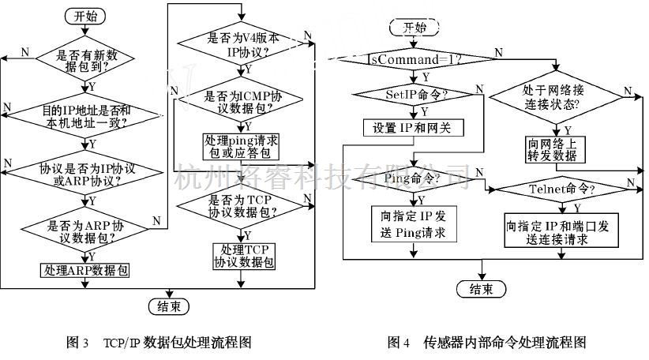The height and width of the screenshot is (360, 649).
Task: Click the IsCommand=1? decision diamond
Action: point(415,60)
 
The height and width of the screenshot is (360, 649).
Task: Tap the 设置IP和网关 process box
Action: point(415,128)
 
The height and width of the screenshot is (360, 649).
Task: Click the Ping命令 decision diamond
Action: point(414,181)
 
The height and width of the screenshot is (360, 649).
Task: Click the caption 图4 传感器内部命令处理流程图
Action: point(486,343)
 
